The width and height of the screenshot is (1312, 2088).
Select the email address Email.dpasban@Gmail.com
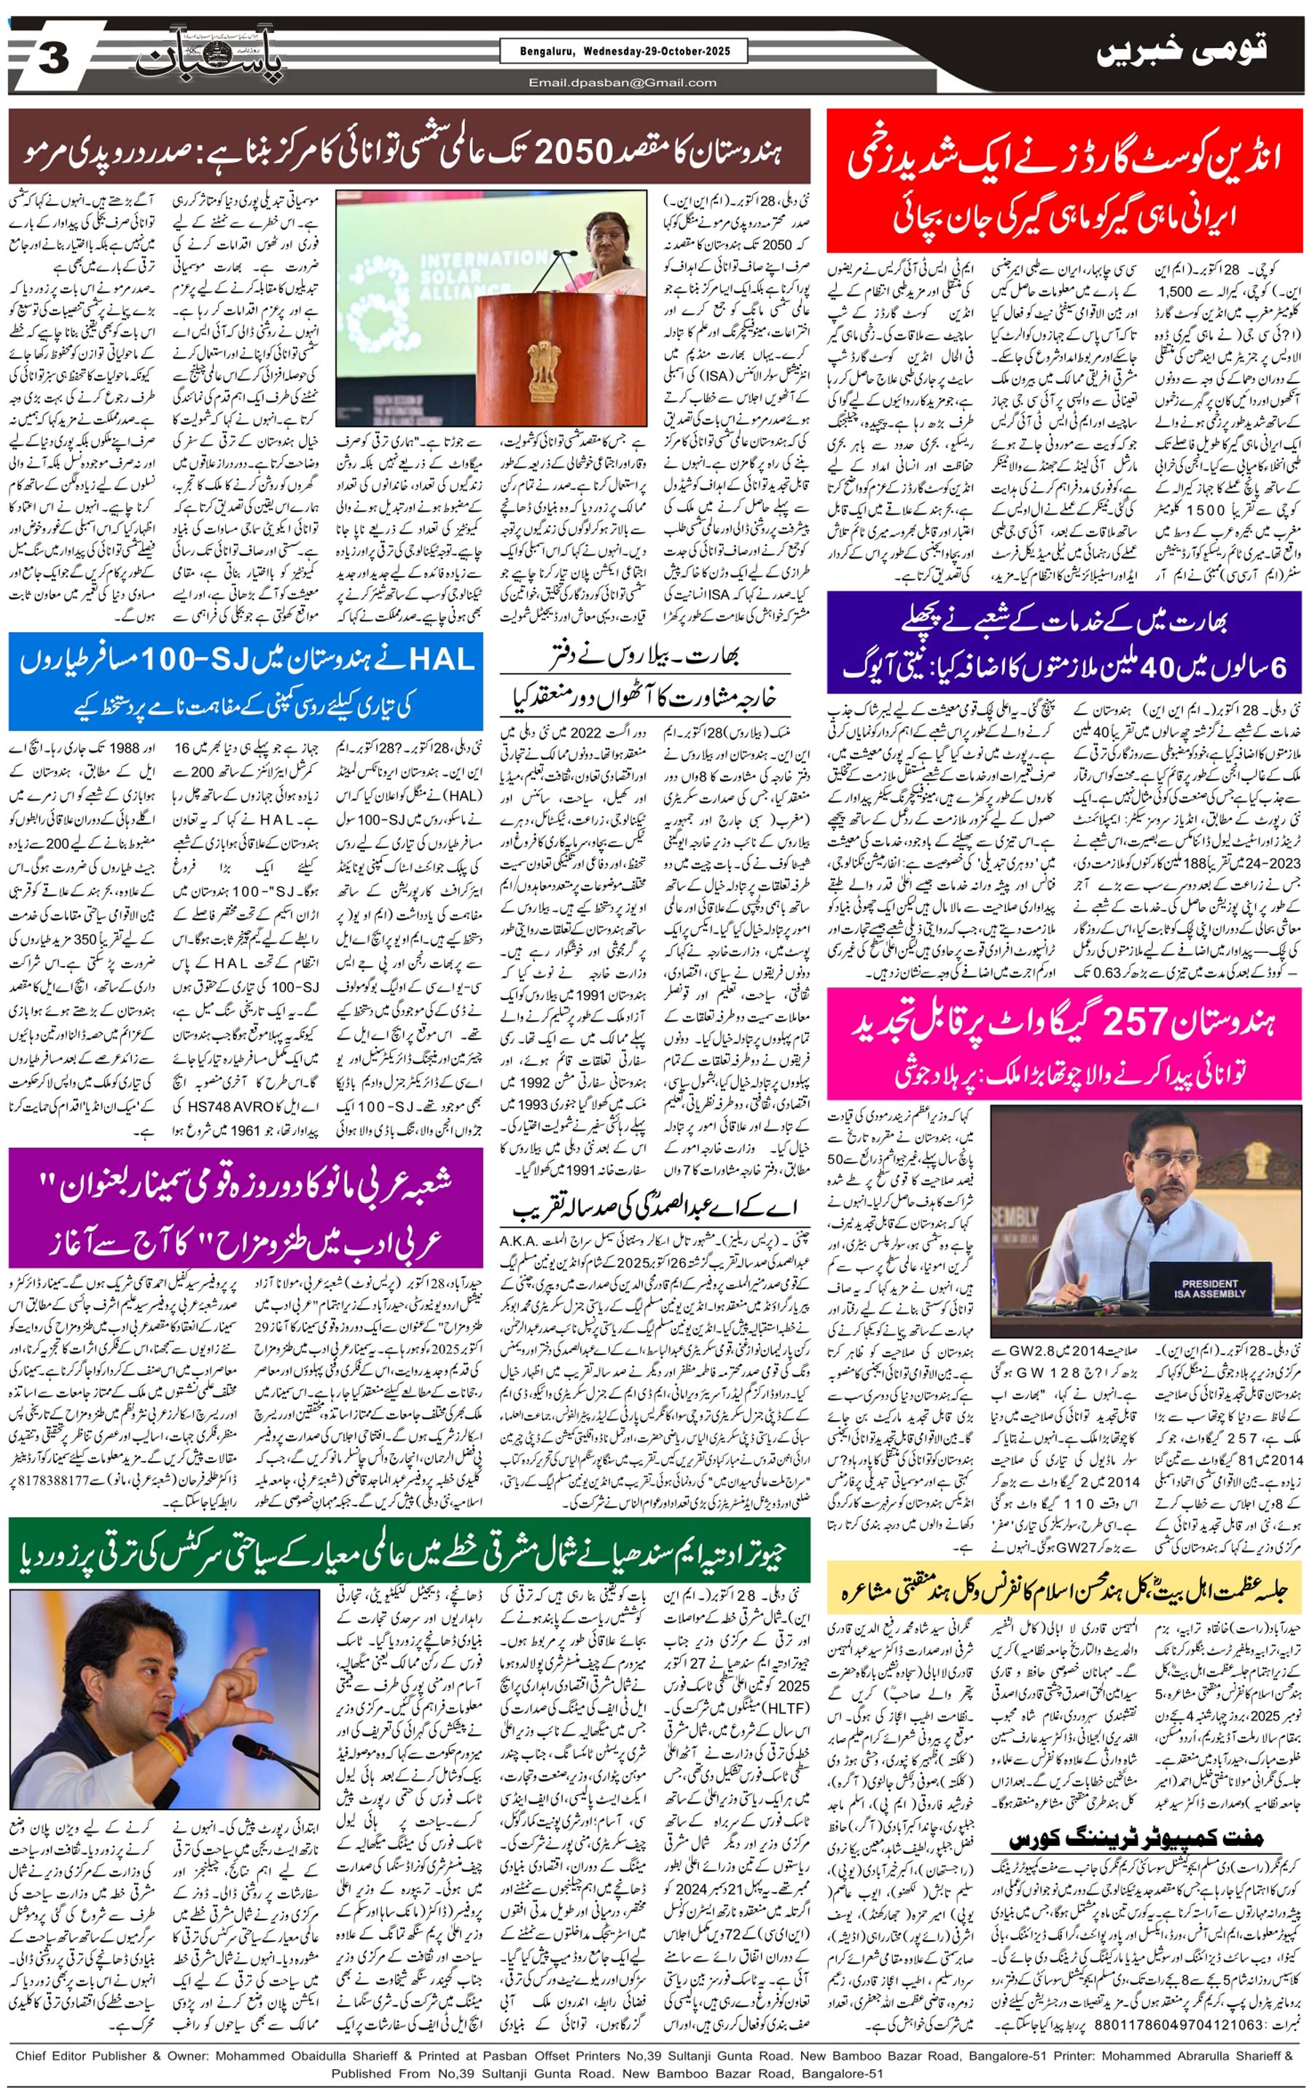pyautogui.click(x=622, y=83)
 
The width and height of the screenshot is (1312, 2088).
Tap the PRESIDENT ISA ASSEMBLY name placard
pyautogui.click(x=1210, y=1288)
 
